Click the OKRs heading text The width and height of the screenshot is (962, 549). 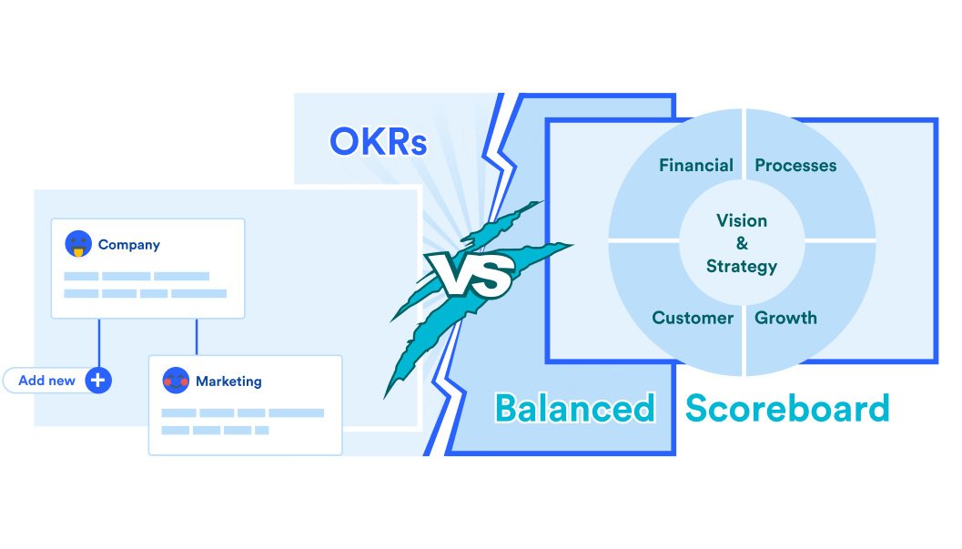(x=378, y=141)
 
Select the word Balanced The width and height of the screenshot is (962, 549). (x=574, y=408)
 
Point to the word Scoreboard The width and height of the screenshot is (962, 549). (x=787, y=408)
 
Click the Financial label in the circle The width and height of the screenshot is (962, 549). (x=696, y=166)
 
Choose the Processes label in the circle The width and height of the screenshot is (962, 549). (x=795, y=166)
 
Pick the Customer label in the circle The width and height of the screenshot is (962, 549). (x=693, y=318)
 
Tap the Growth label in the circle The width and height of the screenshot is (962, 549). (x=785, y=318)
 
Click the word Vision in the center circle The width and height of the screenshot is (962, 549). (x=742, y=220)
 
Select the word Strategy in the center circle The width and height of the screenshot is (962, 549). (x=742, y=266)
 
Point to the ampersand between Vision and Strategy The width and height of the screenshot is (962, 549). (x=742, y=243)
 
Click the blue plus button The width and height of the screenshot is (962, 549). (x=98, y=381)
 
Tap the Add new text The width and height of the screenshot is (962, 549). (x=47, y=381)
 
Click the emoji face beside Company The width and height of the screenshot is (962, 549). (x=78, y=244)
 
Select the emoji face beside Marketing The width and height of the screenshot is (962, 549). (x=176, y=381)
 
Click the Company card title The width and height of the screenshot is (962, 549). (x=129, y=245)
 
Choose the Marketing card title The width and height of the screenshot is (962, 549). (x=228, y=381)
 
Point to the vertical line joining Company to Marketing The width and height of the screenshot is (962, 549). (x=197, y=336)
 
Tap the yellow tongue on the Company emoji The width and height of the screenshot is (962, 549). (x=78, y=251)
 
